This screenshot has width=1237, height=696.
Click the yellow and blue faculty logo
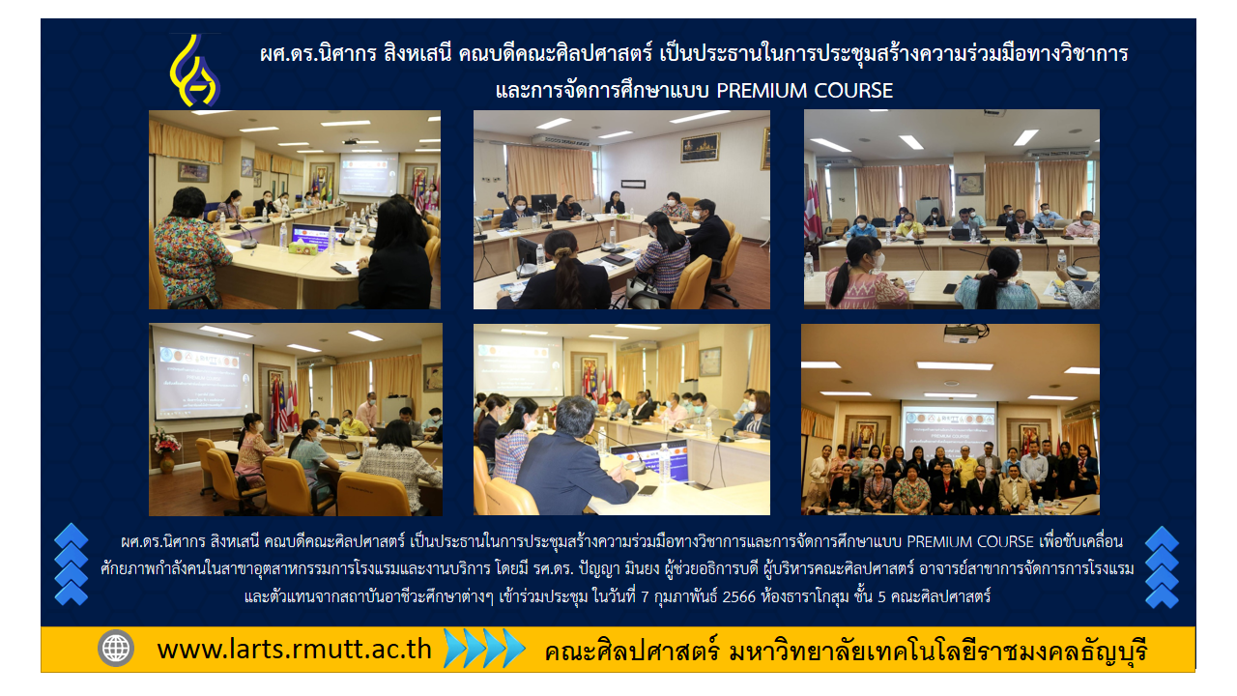click(195, 71)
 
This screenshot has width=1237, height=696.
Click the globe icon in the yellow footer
click(115, 648)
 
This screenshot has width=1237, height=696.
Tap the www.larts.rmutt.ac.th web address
click(294, 649)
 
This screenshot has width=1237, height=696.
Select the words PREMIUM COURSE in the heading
click(804, 91)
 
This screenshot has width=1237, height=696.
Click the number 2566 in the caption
click(738, 597)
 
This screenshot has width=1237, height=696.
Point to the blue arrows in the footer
click(484, 648)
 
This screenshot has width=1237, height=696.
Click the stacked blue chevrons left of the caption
click(72, 565)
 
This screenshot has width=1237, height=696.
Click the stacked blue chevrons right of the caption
click(1162, 566)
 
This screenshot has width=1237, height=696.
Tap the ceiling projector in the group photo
click(962, 333)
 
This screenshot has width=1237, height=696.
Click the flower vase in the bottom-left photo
click(166, 450)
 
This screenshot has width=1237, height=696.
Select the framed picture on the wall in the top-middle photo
click(700, 148)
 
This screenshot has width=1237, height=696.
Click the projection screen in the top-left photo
click(368, 175)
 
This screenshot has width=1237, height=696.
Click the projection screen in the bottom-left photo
click(202, 373)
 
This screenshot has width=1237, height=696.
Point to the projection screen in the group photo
click(949, 431)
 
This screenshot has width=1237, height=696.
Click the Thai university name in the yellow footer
click(846, 652)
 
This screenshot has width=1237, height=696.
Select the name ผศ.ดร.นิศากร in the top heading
click(318, 54)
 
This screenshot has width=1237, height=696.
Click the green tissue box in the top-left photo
click(303, 248)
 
